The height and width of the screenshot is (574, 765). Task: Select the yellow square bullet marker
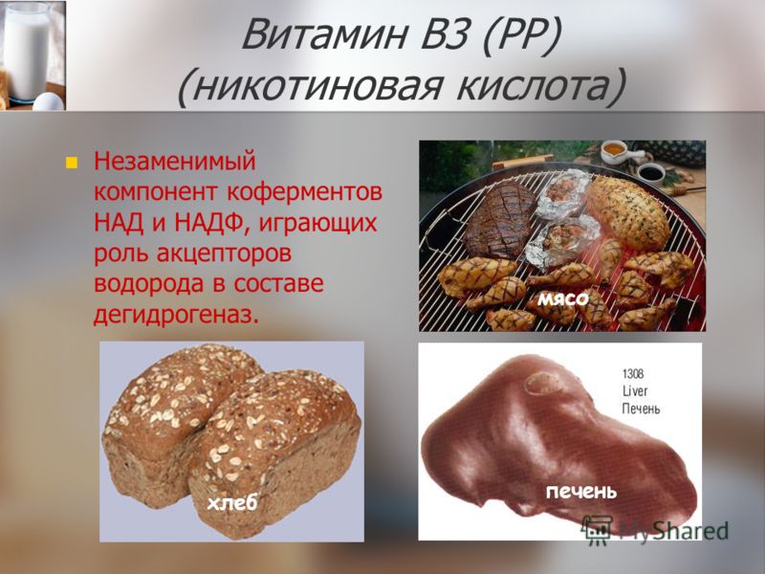click(x=72, y=162)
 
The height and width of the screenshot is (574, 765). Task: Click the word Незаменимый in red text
click(x=175, y=161)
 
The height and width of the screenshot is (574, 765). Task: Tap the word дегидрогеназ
click(x=176, y=316)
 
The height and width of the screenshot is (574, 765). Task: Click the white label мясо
click(x=563, y=298)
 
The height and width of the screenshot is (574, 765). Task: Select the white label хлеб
click(x=231, y=503)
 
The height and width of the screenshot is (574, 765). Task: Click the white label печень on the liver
click(x=580, y=492)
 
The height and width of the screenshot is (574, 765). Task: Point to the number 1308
click(x=633, y=374)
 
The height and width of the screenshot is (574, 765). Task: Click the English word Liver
click(x=635, y=390)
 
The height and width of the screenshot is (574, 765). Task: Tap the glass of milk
click(x=27, y=52)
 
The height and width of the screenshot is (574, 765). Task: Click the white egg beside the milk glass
click(x=49, y=101)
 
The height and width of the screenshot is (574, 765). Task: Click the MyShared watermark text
click(x=674, y=531)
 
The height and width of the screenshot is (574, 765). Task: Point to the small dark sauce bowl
click(x=651, y=172)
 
